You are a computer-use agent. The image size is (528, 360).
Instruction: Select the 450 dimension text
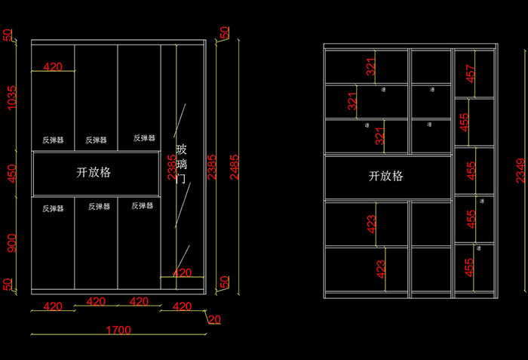pos(10,174)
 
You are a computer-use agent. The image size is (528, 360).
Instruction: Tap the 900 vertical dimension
pos(10,244)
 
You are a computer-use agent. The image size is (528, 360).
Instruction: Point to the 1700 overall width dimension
pos(118,330)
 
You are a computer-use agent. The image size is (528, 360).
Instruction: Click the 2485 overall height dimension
pos(235,162)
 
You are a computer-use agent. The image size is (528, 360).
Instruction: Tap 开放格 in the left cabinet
pos(94,172)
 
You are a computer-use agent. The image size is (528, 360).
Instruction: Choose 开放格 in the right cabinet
pos(385,176)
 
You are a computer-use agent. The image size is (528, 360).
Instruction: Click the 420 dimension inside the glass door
pos(182,272)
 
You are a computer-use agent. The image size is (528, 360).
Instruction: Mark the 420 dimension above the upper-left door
pos(53,66)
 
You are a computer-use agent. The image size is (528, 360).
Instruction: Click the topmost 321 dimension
pos(370,67)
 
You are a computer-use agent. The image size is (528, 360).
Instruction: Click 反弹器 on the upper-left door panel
pos(53,140)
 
